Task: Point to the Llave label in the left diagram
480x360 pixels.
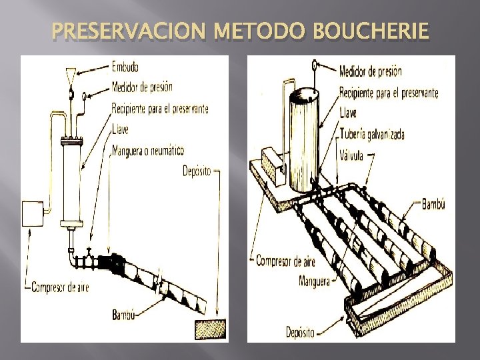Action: pos(122,128)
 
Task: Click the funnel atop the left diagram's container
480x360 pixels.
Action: pos(70,77)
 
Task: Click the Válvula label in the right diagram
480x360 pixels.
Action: pos(355,151)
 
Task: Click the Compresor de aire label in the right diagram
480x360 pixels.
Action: pos(289,261)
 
